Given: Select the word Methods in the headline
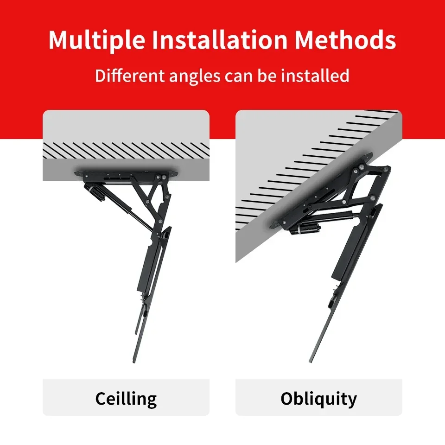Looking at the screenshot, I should pyautogui.click(x=346, y=41).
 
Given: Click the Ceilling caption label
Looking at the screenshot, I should pyautogui.click(x=126, y=399).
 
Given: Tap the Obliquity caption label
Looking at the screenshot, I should pyautogui.click(x=319, y=399).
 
